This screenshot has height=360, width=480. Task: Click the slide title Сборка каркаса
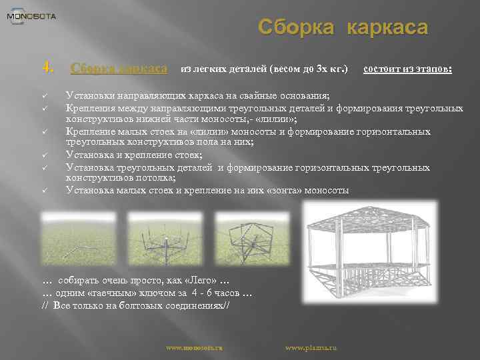coord(343,28)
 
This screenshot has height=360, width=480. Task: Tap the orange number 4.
coord(47,67)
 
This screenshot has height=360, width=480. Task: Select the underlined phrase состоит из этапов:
coord(407,69)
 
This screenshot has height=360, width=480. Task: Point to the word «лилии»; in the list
coord(277,119)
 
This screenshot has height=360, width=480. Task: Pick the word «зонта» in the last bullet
coord(287,191)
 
